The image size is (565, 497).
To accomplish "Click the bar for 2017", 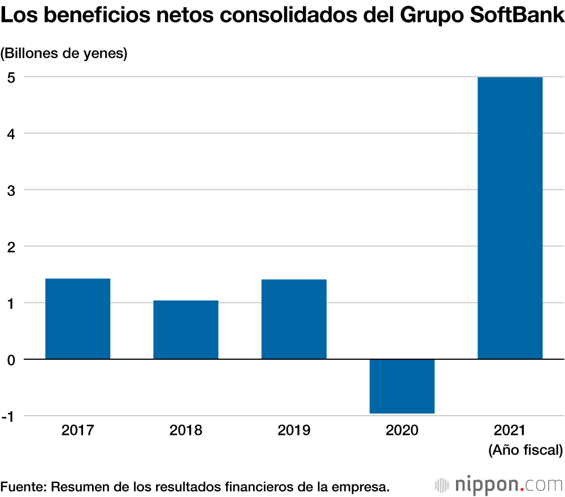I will (x=77, y=319).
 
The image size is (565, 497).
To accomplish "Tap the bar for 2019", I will (x=294, y=319).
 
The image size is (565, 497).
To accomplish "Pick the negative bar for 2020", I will (x=402, y=386).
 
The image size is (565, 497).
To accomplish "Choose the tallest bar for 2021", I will (x=510, y=218).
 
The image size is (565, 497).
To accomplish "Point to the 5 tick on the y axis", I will (x=11, y=77).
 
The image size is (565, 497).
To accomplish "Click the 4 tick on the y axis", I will (x=11, y=133).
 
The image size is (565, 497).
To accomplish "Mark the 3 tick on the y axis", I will (x=11, y=190).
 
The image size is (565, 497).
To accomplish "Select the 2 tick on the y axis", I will (x=11, y=246).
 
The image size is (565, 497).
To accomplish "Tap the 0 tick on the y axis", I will (x=11, y=359).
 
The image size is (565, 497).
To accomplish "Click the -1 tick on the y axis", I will (x=9, y=416).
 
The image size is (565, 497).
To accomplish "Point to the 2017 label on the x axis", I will (x=77, y=430).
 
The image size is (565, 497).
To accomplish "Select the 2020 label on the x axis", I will (x=402, y=430).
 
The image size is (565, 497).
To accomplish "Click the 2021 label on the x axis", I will (x=510, y=430).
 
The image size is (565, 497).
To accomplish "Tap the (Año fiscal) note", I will (x=525, y=450).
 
